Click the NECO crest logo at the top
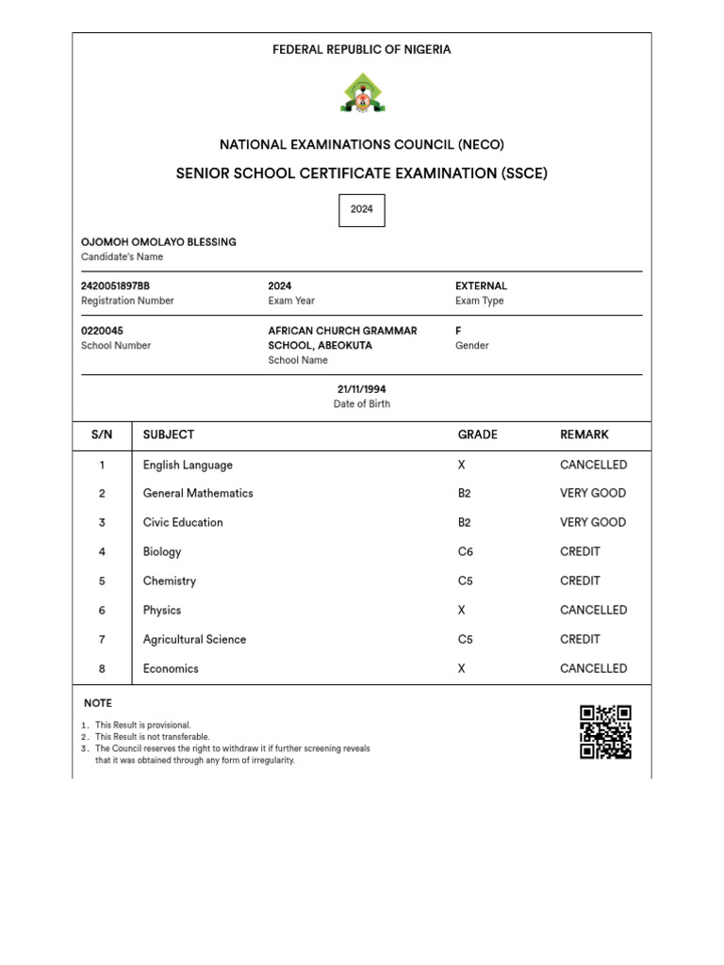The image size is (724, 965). click(362, 94)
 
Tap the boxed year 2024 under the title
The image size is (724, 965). click(362, 209)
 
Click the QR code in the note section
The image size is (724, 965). click(605, 732)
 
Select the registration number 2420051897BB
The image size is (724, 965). click(115, 286)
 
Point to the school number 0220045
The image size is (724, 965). click(102, 331)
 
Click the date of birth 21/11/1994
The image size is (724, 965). click(362, 389)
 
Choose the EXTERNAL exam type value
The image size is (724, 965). click(481, 286)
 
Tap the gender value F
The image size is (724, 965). click(459, 331)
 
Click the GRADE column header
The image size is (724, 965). click(477, 434)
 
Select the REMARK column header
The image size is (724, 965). click(584, 434)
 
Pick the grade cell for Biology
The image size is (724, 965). click(465, 551)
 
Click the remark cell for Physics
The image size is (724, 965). click(593, 610)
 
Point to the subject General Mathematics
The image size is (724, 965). click(198, 493)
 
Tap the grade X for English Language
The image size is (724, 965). click(461, 465)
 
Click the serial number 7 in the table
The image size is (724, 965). click(102, 639)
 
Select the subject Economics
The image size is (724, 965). click(171, 668)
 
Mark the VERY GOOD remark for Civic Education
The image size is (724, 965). click(593, 522)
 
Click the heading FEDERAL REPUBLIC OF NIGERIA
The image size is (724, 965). click(362, 49)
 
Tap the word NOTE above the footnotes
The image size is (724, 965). click(98, 703)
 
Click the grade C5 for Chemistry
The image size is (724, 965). click(465, 581)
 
